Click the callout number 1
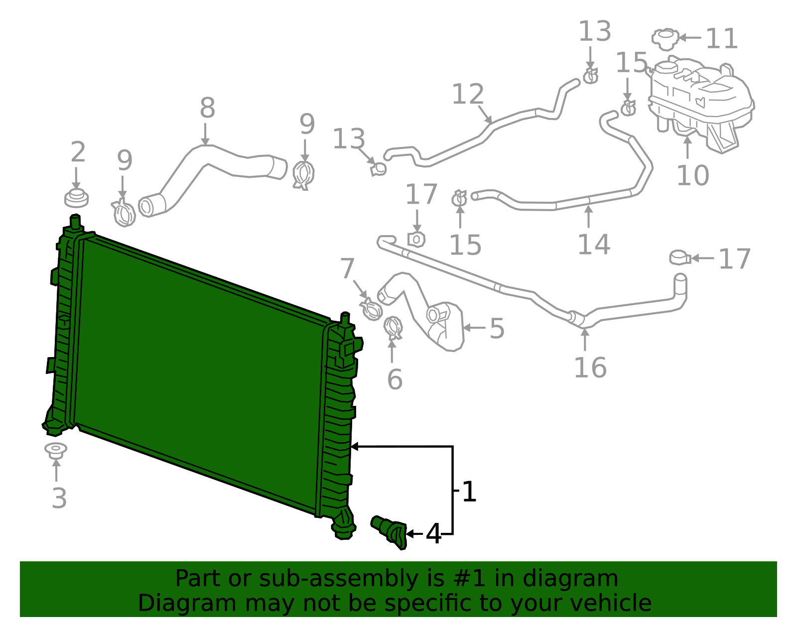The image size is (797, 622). click(x=469, y=492)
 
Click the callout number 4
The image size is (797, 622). click(x=433, y=534)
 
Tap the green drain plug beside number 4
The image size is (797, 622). click(x=390, y=532)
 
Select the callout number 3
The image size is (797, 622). click(x=59, y=498)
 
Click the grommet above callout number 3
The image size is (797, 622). click(x=56, y=450)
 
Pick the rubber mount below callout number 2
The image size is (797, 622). click(x=76, y=198)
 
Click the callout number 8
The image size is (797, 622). click(x=207, y=108)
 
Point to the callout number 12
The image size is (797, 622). click(x=468, y=95)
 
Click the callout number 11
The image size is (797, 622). click(x=722, y=39)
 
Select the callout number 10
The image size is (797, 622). click(x=692, y=175)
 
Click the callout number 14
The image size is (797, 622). click(x=593, y=245)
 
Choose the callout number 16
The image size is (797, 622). click(x=590, y=368)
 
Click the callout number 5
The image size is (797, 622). click(x=497, y=329)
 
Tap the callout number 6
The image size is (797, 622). click(x=395, y=379)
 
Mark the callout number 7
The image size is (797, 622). click(x=347, y=269)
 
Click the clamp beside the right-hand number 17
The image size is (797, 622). click(x=679, y=258)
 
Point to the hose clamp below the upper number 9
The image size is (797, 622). click(x=303, y=175)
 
